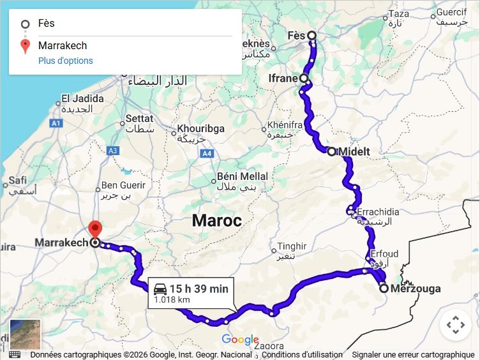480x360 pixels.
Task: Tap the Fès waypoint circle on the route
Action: pyautogui.click(x=311, y=35)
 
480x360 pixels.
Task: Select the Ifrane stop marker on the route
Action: pyautogui.click(x=304, y=79)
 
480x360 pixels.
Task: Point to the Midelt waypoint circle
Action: pyautogui.click(x=331, y=151)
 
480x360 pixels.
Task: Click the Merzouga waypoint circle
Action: pyautogui.click(x=384, y=289)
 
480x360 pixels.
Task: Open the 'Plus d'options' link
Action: pyautogui.click(x=66, y=61)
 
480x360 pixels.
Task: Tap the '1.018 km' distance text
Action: pyautogui.click(x=172, y=299)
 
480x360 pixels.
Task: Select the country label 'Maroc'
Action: pyautogui.click(x=217, y=221)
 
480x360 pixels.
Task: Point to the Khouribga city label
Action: pyautogui.click(x=200, y=129)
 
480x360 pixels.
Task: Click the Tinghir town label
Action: pyautogui.click(x=292, y=246)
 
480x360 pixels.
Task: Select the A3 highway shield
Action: pyautogui.click(x=114, y=151)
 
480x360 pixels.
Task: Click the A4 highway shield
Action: pyautogui.click(x=207, y=153)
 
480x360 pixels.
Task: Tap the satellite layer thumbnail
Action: pyautogui.click(x=25, y=334)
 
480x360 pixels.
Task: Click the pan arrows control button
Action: pyautogui.click(x=456, y=325)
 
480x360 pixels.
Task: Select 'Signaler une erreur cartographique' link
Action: pyautogui.click(x=412, y=355)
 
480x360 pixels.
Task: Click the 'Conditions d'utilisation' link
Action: pyautogui.click(x=302, y=355)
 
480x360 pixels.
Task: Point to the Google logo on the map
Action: pyautogui.click(x=240, y=340)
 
